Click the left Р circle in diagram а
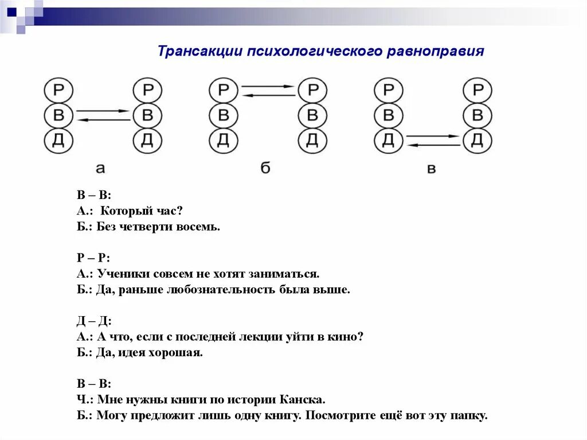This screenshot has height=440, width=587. (x=58, y=90)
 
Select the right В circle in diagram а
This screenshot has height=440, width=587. (x=148, y=115)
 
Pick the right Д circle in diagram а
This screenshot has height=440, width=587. (x=148, y=141)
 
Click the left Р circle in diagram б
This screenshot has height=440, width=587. (x=224, y=90)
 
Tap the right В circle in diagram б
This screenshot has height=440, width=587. (x=312, y=115)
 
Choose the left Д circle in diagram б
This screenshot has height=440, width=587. (x=224, y=141)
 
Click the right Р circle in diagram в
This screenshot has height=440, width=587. (x=478, y=90)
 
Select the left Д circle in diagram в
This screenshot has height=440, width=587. (x=389, y=141)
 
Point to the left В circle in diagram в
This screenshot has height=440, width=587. (x=389, y=115)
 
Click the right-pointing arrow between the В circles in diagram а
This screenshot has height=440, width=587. (x=103, y=111)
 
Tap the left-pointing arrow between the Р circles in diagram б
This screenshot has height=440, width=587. (x=268, y=95)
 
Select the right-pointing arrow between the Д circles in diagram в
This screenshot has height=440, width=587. (x=433, y=136)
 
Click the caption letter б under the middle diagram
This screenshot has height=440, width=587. (x=265, y=168)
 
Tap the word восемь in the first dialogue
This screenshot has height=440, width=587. (x=201, y=227)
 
